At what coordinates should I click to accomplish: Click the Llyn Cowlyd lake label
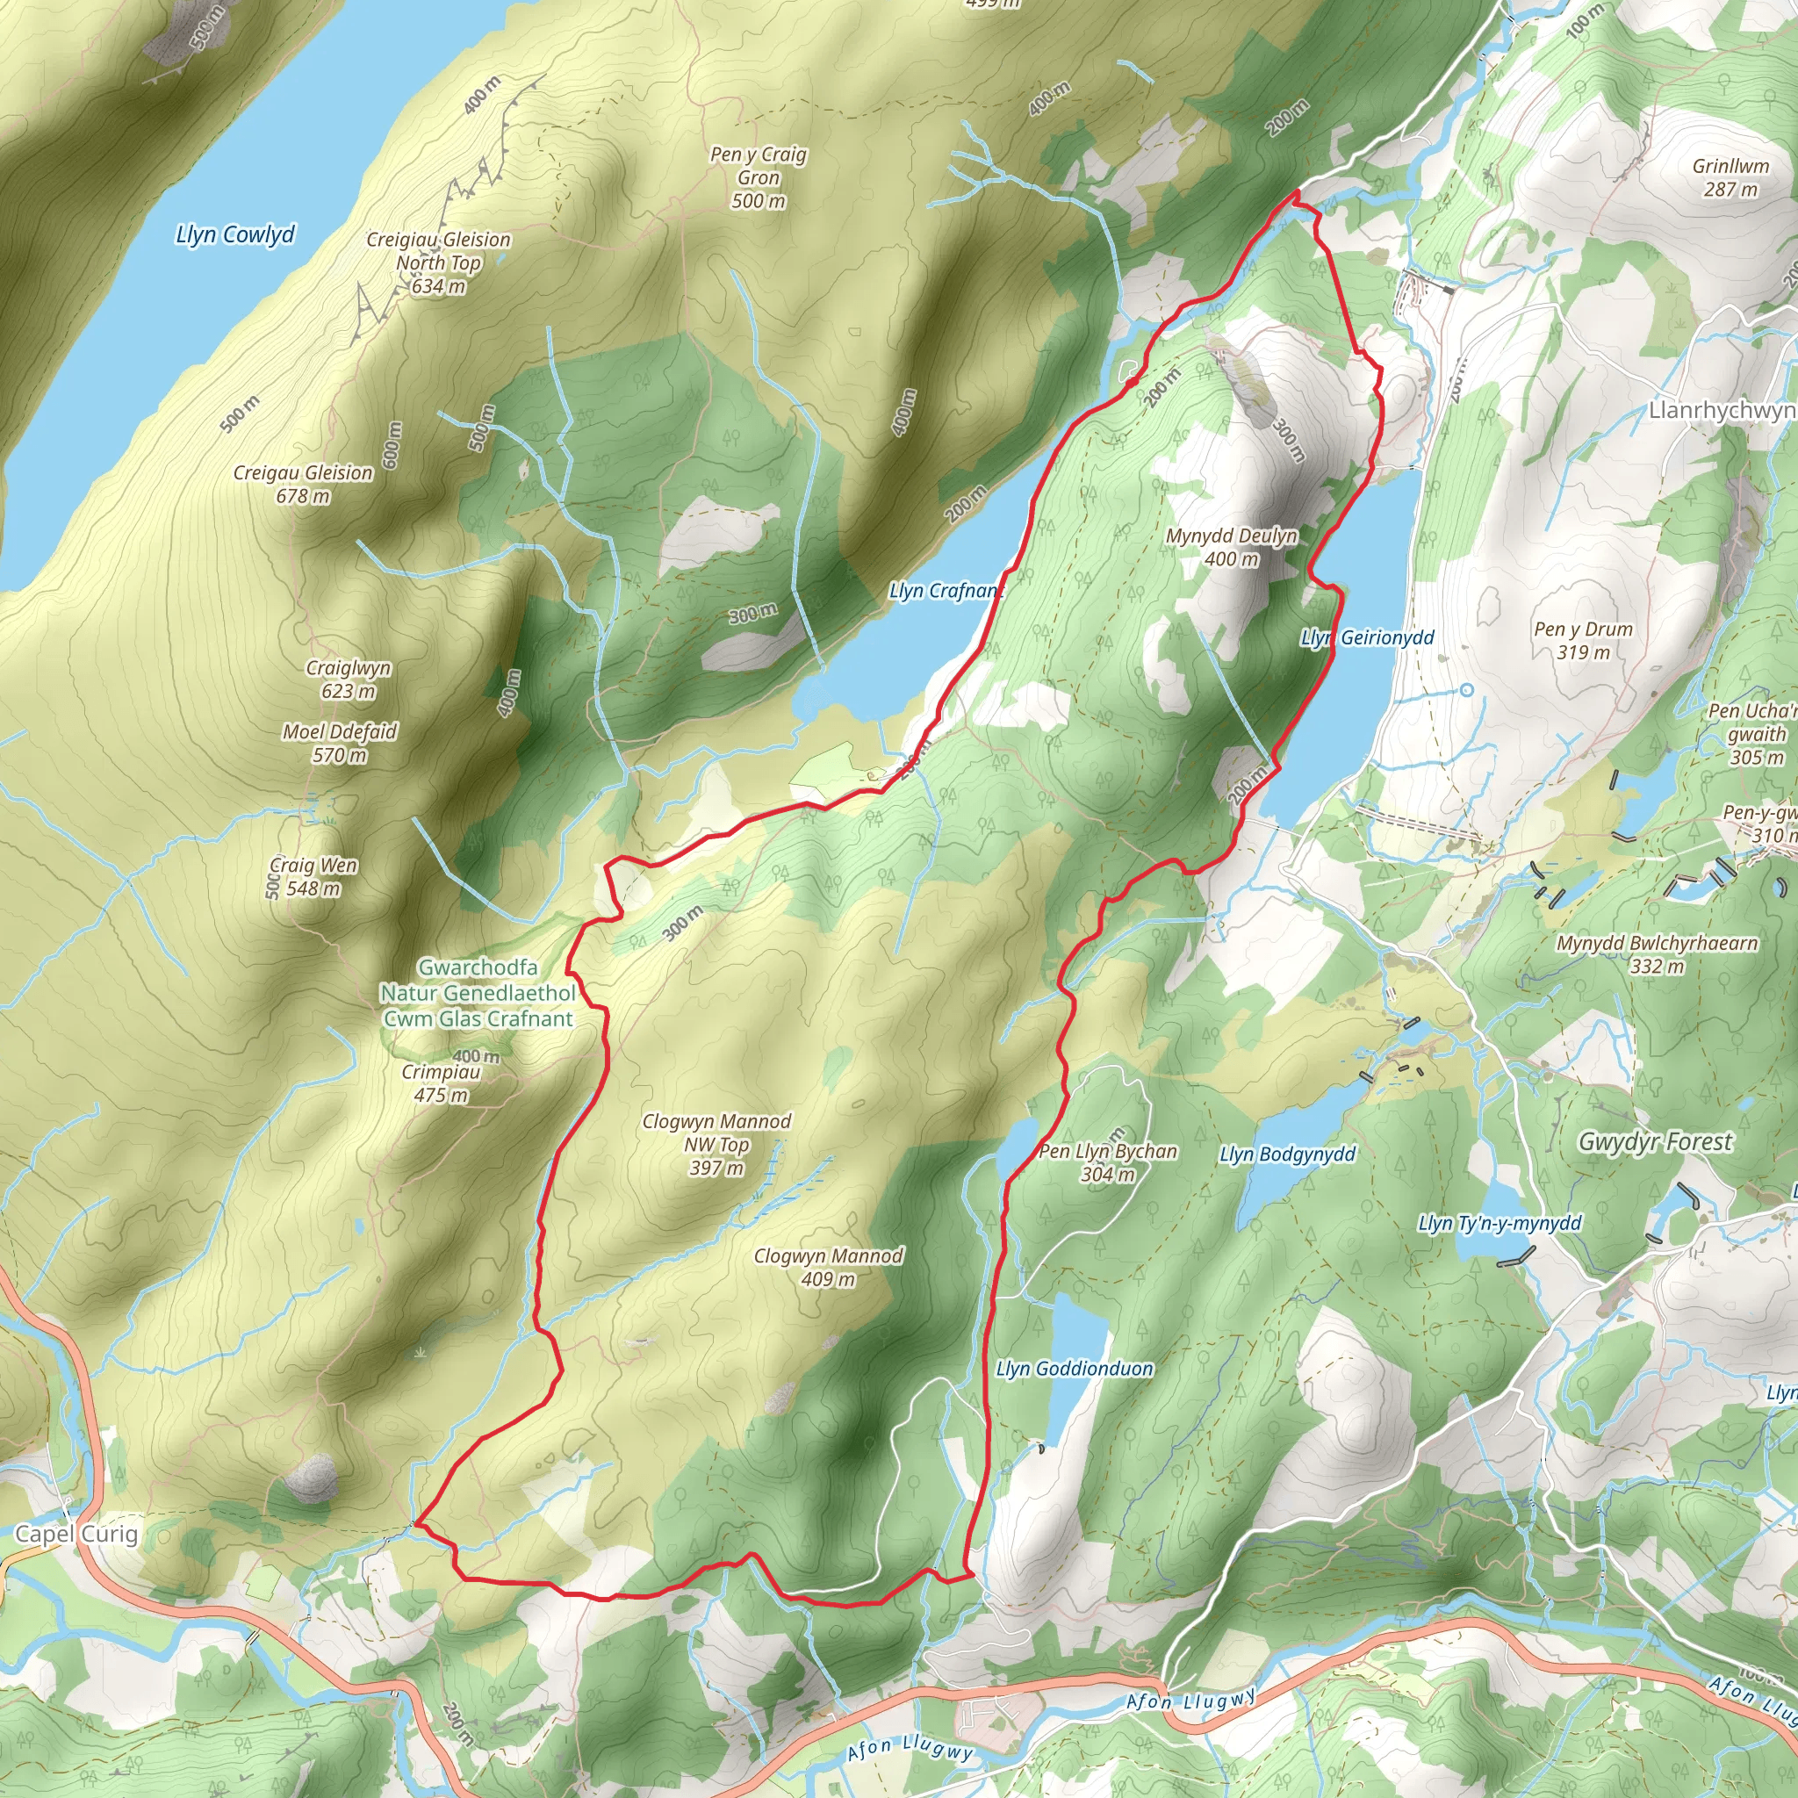click(x=234, y=234)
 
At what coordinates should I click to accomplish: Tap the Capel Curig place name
click(x=76, y=1534)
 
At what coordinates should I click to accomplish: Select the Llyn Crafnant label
click(x=946, y=590)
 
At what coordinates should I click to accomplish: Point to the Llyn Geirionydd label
click(x=1366, y=637)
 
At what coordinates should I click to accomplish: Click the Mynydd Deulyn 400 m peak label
click(x=1231, y=547)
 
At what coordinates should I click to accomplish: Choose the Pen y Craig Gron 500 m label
click(x=759, y=176)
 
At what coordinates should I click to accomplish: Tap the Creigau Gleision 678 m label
click(x=304, y=484)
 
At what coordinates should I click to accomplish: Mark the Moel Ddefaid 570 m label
click(x=340, y=743)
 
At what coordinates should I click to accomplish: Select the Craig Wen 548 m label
click(x=313, y=877)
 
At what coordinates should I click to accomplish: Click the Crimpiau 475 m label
click(x=441, y=1083)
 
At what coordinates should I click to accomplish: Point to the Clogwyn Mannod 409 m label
click(x=828, y=1267)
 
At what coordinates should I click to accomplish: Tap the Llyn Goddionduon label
click(x=1074, y=1368)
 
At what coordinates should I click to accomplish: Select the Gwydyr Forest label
click(x=1656, y=1141)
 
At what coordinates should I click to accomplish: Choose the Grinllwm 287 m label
click(x=1731, y=176)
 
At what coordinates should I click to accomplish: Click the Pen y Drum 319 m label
click(x=1583, y=640)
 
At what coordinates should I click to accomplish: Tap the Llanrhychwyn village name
click(x=1722, y=409)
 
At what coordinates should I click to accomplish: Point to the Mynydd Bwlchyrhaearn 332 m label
click(x=1658, y=954)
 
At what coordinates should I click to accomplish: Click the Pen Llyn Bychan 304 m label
click(x=1107, y=1162)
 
